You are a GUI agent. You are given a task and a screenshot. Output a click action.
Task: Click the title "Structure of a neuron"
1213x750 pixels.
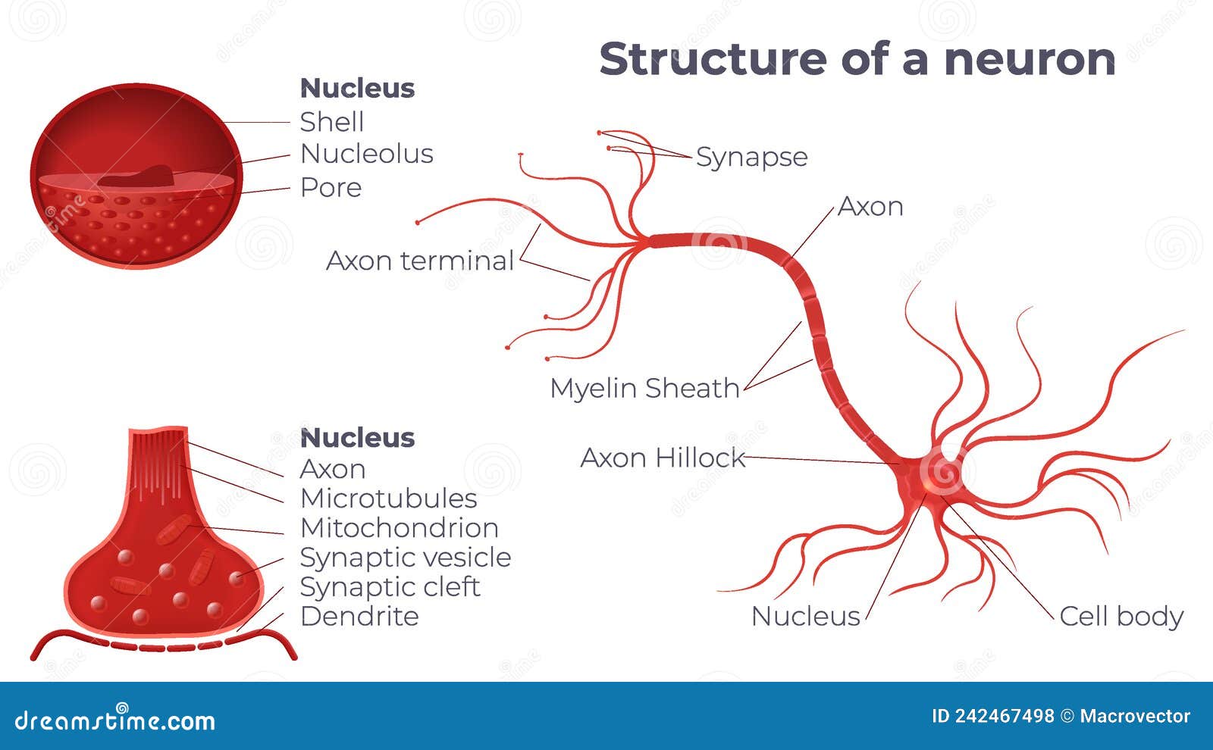[x=857, y=59]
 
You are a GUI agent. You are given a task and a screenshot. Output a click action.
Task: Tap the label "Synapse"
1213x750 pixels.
[x=751, y=157]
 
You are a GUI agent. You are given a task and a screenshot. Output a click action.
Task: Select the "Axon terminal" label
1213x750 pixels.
[x=420, y=261]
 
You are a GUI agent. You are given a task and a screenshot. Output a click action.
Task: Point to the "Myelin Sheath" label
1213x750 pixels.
[x=644, y=388]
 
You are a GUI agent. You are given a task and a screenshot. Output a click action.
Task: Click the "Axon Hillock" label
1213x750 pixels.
[x=663, y=458]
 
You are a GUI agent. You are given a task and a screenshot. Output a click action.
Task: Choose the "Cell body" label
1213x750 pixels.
[x=1121, y=616]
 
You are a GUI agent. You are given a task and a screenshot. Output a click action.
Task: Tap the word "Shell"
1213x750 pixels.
[x=332, y=122]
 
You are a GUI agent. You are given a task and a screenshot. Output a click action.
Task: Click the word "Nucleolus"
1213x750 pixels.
[x=367, y=154]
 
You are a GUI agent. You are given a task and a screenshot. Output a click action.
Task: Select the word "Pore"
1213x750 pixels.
[x=331, y=187]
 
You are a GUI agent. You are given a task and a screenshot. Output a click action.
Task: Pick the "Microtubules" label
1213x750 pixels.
[x=389, y=498]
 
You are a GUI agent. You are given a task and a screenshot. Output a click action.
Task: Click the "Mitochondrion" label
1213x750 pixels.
[x=400, y=528]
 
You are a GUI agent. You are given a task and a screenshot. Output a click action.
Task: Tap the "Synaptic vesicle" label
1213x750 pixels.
[x=406, y=558]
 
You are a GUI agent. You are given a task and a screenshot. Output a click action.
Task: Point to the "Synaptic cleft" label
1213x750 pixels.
[x=390, y=587]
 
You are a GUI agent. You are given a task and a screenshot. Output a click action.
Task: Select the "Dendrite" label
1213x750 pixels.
[x=359, y=617]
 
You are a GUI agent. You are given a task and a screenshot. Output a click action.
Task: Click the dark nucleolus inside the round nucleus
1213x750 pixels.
[x=136, y=177]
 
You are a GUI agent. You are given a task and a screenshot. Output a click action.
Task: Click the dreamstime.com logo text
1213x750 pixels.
[x=115, y=720]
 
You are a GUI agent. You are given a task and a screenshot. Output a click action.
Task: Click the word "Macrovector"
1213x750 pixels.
[x=1135, y=716]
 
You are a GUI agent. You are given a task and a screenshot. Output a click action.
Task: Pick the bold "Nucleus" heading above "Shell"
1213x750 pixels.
[x=357, y=89]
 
